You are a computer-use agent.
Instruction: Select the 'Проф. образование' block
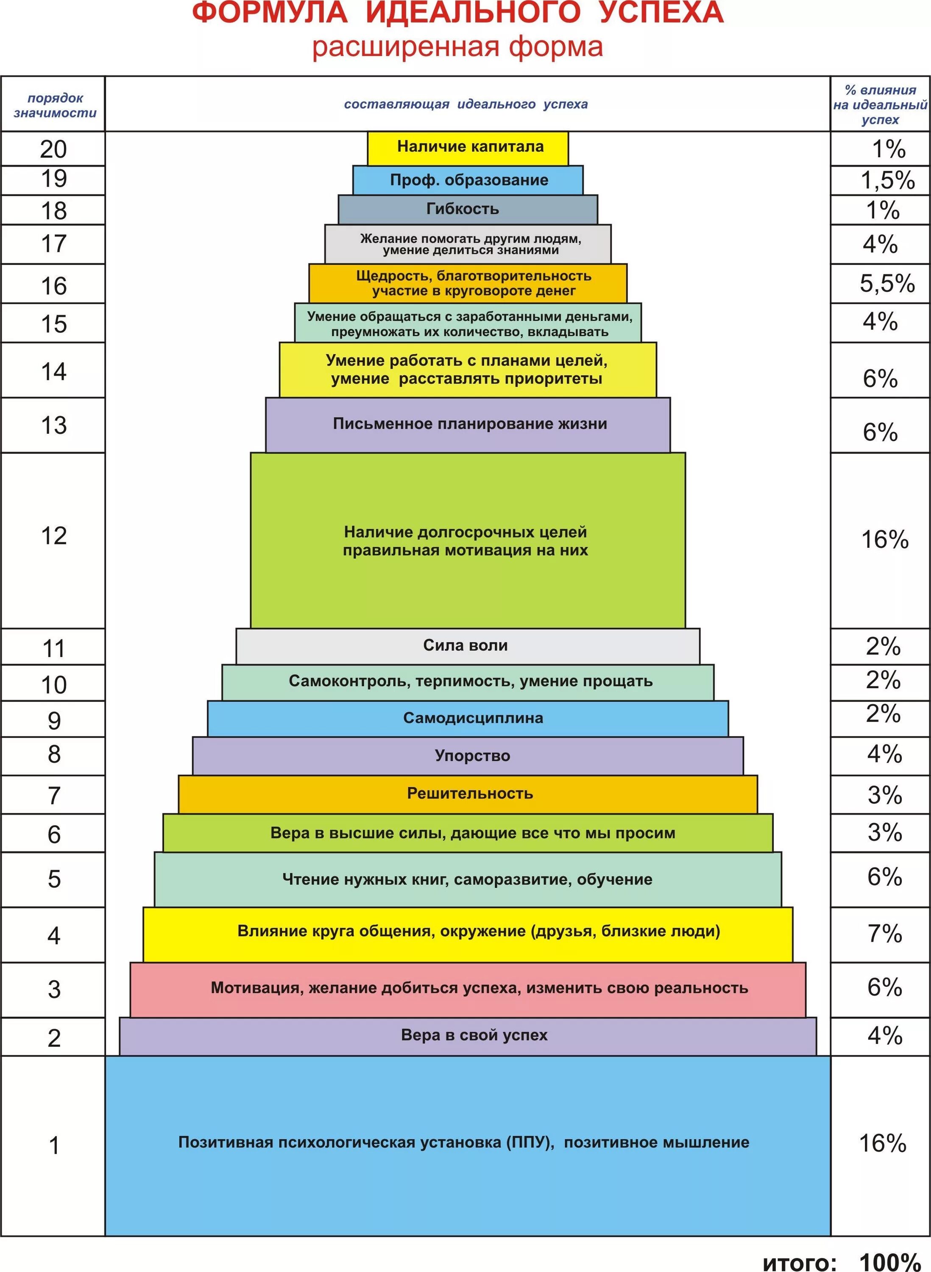coord(468,180)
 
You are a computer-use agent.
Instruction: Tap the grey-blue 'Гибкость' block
coord(468,209)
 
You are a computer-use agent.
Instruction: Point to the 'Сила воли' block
coord(468,645)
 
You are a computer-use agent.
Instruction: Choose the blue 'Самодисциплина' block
coord(468,718)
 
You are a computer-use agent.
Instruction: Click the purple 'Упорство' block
coord(468,756)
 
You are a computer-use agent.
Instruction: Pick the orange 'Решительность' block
coord(468,794)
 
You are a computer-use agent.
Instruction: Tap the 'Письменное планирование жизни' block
coord(468,424)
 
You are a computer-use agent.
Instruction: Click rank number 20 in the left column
coord(53,149)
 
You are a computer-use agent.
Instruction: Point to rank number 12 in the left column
coord(53,536)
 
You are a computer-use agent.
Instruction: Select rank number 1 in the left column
coord(53,1145)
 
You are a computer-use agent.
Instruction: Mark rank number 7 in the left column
coord(53,795)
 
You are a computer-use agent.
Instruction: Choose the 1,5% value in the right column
coord(887,180)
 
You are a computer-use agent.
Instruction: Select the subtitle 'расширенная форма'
coord(457,47)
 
